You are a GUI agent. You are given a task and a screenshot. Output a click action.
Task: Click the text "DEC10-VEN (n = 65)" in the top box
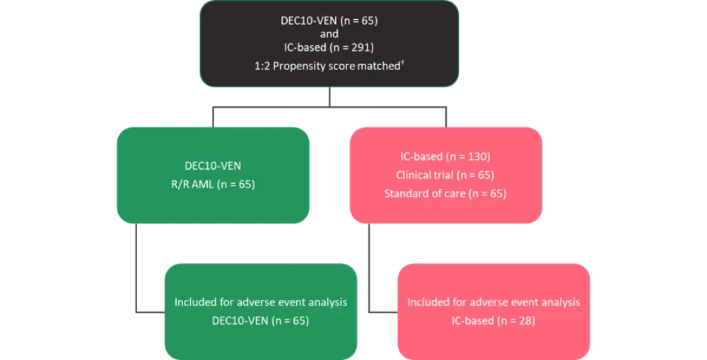coord(329,21)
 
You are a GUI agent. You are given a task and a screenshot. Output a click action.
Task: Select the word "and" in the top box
coord(329,34)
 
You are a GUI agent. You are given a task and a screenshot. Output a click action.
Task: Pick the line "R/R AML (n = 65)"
coord(213,185)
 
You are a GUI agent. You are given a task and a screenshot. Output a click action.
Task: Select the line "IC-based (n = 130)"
coord(445,156)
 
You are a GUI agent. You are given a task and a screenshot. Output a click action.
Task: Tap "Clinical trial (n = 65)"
coord(445,175)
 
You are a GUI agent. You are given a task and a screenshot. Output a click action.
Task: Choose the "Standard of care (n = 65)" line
coord(445,193)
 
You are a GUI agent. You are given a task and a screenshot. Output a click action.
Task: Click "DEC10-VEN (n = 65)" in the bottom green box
coord(261,320)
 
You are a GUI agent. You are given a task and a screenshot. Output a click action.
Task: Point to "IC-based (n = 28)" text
coord(493,320)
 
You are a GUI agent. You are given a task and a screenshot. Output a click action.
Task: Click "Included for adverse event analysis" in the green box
coord(261,302)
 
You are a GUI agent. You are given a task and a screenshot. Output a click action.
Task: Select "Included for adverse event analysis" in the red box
coord(493,302)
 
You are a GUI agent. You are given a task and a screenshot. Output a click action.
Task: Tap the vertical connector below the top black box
coord(329,98)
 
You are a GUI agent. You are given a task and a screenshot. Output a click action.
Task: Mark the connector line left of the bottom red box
coord(370,269)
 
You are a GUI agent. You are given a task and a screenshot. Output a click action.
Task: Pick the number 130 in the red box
coord(477,156)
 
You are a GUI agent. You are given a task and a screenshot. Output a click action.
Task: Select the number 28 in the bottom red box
coord(522,320)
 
